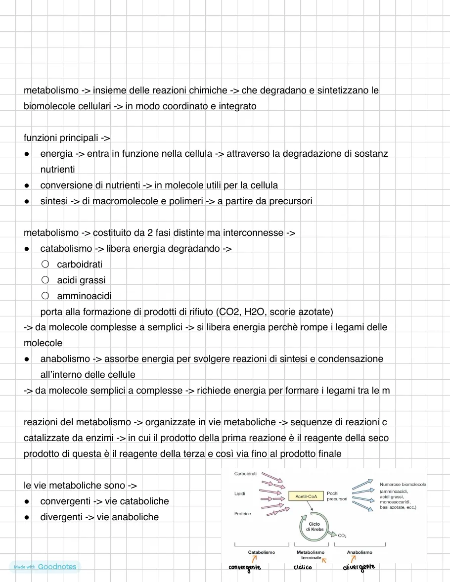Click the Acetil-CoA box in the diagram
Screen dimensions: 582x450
point(306,495)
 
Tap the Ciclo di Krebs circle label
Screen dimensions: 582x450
point(314,527)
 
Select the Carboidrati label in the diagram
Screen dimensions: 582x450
point(246,474)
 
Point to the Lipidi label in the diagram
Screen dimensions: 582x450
point(240,493)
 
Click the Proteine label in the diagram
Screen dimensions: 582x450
point(242,514)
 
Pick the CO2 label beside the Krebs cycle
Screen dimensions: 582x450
point(342,535)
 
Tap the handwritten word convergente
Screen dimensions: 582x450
point(245,567)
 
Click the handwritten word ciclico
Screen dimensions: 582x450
point(303,567)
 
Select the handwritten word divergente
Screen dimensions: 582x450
point(359,567)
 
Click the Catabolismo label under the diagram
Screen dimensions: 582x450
point(262,552)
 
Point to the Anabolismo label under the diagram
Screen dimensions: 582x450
point(360,552)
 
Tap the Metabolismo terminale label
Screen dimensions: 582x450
point(311,555)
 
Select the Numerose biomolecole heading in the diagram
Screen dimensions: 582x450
point(403,485)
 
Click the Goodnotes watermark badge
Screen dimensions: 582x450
point(45,567)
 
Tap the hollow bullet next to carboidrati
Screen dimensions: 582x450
point(45,264)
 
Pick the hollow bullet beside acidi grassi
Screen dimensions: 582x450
point(45,280)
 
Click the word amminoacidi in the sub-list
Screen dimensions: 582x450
point(84,296)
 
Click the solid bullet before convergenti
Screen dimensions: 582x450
point(28,501)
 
